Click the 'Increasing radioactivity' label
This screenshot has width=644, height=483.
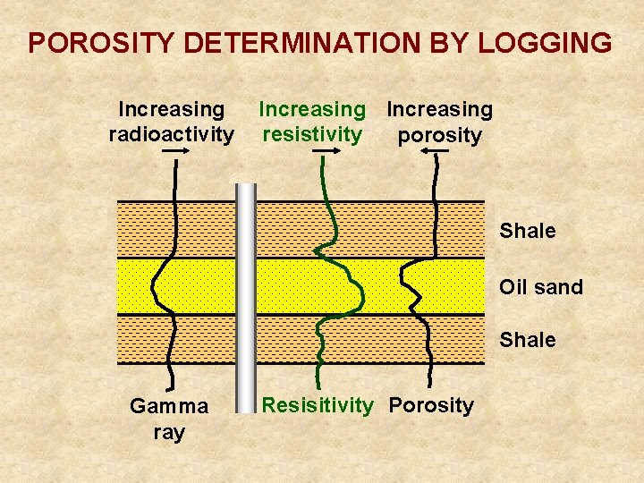(172, 122)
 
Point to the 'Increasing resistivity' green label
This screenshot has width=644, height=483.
(312, 122)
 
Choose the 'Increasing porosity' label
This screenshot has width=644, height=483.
(439, 122)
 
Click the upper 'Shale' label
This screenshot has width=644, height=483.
(528, 231)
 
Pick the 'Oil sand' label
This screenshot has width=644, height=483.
(541, 287)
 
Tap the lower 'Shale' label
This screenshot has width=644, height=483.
(528, 340)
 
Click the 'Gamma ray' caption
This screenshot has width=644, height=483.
(169, 419)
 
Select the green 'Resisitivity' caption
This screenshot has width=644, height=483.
(318, 405)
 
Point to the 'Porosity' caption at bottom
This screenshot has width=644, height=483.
(431, 405)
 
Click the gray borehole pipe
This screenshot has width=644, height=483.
(245, 295)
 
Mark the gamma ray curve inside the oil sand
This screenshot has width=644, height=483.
(156, 286)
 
